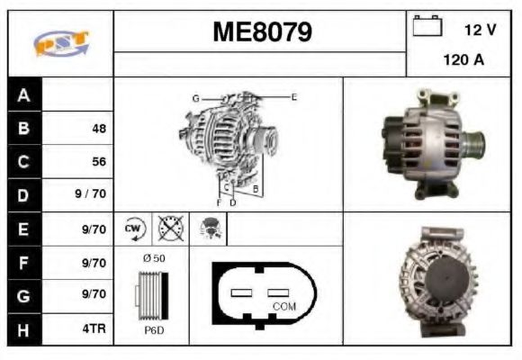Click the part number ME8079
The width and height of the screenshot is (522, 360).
(x=262, y=33)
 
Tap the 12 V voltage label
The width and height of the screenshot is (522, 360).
(x=480, y=30)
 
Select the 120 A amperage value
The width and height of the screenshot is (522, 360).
(x=463, y=61)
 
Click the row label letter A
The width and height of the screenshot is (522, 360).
(x=23, y=95)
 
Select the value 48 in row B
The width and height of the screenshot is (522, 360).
(x=98, y=129)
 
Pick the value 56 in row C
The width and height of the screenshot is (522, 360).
(x=98, y=162)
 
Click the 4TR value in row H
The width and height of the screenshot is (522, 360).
(x=93, y=328)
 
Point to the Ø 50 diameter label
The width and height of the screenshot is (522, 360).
(x=153, y=258)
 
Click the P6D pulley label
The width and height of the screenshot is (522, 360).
(x=153, y=330)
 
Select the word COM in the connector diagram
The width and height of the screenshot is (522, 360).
(x=283, y=307)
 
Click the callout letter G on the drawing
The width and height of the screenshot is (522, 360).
(x=194, y=97)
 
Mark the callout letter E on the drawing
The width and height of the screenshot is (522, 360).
(x=293, y=96)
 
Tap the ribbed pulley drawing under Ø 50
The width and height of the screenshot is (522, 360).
(x=150, y=294)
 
